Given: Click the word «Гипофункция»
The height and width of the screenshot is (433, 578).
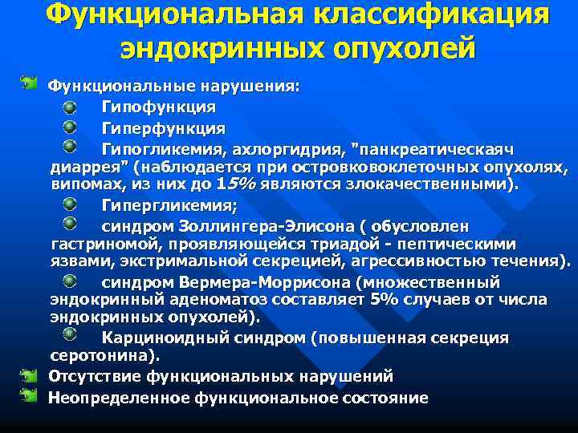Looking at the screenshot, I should click(158, 107).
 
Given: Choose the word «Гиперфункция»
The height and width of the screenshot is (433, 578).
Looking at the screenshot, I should click(163, 128).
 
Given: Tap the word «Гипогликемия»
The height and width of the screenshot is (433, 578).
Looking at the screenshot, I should click(161, 149).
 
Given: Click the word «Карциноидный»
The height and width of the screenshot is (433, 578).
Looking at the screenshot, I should click(163, 338).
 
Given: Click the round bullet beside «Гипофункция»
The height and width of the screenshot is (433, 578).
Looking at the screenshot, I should click(71, 106).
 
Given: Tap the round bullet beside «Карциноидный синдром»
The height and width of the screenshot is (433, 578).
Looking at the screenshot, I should click(71, 335).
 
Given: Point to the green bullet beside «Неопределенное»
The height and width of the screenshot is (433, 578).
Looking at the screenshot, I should click(30, 396).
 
